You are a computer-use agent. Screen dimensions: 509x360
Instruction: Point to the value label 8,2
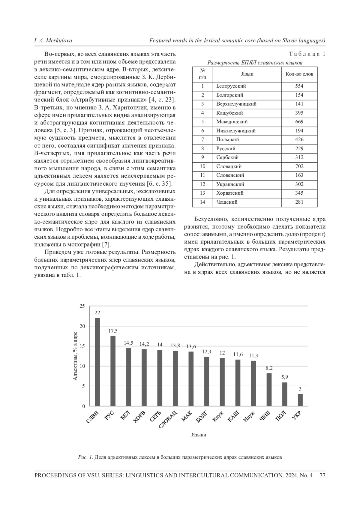[x=269, y=368]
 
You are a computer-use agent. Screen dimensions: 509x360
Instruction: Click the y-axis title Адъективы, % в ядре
[x=75, y=356]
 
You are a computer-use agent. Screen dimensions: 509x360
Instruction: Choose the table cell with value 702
[x=299, y=166]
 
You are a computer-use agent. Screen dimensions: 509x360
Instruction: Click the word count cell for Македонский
[x=299, y=122]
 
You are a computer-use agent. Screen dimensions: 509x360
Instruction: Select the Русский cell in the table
[x=226, y=148]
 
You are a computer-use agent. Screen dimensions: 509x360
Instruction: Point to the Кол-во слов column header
[x=299, y=74]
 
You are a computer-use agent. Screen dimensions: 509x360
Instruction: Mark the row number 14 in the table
[x=202, y=202]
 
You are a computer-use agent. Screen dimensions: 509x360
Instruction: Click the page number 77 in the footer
[x=322, y=475]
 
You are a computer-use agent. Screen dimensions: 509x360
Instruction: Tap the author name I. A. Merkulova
[x=53, y=40]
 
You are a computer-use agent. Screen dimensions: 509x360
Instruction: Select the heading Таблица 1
[x=307, y=54]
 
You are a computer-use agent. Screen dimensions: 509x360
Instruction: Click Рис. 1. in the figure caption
[x=85, y=457]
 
